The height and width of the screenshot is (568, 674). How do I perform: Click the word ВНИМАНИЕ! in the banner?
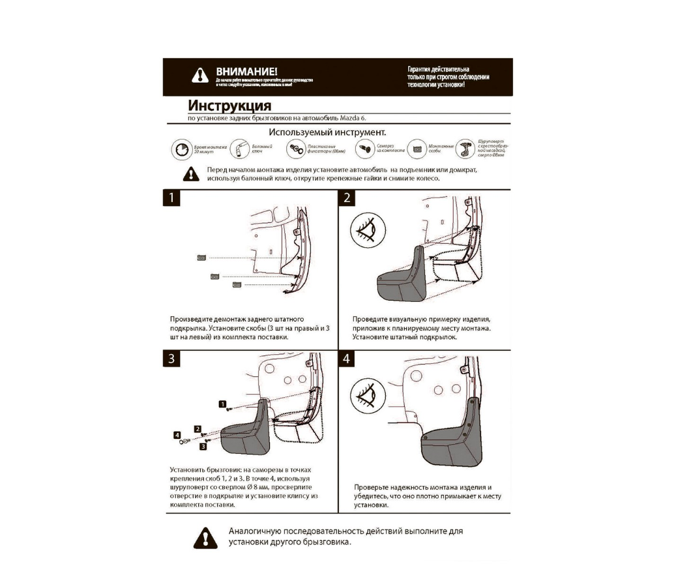246,70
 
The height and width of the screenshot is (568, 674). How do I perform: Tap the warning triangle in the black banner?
200,76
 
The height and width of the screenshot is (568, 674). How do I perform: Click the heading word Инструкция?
229,106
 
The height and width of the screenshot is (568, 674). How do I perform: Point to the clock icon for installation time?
182,149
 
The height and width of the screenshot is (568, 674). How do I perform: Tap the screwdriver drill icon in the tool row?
464,149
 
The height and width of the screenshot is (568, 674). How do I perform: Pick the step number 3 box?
171,359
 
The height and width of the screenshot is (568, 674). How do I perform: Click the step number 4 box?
348,359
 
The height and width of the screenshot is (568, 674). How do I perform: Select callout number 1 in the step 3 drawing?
222,404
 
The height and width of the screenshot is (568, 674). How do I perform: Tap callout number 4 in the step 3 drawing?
177,434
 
